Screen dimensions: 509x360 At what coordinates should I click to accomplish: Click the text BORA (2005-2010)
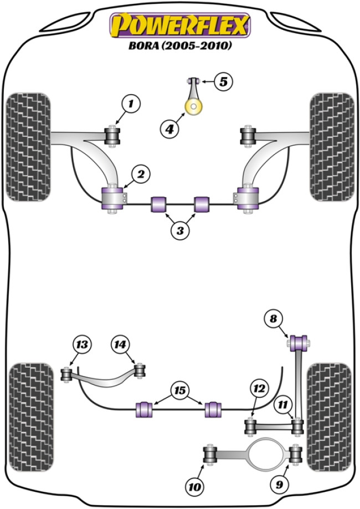click(180, 47)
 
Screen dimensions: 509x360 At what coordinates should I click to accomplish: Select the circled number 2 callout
click(141, 174)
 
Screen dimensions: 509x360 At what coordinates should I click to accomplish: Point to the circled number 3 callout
click(179, 230)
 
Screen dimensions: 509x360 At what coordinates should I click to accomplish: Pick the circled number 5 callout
click(223, 82)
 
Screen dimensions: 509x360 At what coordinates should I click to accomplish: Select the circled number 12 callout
click(258, 388)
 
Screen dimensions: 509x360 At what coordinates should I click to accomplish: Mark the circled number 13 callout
click(82, 345)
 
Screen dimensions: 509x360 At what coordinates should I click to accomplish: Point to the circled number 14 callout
click(120, 345)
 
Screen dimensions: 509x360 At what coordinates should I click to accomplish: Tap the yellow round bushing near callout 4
click(194, 107)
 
